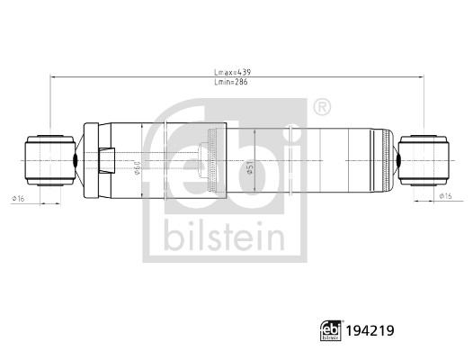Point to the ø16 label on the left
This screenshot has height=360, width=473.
tap(17, 197)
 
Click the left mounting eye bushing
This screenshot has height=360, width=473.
tap(49, 159)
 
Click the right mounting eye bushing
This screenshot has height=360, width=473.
tap(424, 159)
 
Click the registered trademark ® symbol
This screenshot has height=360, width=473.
tap(320, 109)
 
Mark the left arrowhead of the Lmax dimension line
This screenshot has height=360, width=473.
tap(52, 77)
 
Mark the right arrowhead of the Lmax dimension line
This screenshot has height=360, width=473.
tap(421, 77)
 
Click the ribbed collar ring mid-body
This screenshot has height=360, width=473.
tap(211, 159)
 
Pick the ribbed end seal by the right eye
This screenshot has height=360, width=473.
tap(391, 159)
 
